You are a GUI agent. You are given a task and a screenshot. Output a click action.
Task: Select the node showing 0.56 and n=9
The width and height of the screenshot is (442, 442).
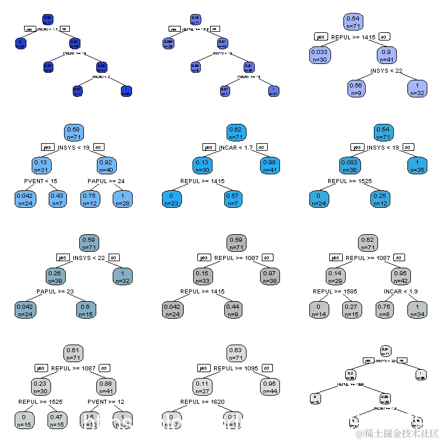pyautogui.click(x=357, y=88)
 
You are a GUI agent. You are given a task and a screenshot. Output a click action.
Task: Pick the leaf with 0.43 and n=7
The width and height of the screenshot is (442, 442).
pyautogui.click(x=56, y=198)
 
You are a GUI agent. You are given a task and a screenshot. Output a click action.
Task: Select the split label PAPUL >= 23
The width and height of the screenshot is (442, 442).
pyautogui.click(x=54, y=291)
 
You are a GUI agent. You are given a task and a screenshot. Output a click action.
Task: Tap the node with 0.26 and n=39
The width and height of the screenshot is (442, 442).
pyautogui.click(x=57, y=276)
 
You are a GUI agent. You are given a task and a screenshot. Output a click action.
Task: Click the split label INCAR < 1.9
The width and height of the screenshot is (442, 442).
pyautogui.click(x=401, y=291)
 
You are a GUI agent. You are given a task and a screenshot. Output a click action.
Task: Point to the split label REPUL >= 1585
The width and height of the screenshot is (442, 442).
pyautogui.click(x=330, y=291)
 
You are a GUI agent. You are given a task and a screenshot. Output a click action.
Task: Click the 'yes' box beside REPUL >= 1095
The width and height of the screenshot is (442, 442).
pyautogui.click(x=203, y=369)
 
